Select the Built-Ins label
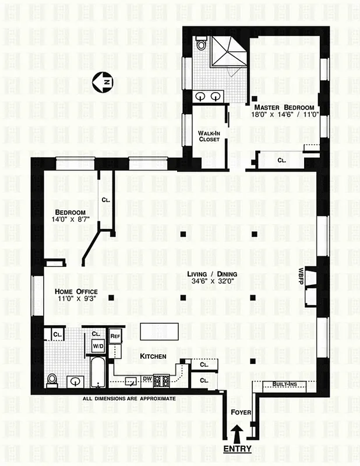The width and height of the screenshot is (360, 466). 282,384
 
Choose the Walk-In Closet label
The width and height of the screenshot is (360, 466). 209,136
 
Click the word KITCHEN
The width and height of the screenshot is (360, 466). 153,356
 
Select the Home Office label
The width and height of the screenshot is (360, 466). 76,292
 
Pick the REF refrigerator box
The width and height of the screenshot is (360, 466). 115,336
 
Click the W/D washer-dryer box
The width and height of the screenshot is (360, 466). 96,345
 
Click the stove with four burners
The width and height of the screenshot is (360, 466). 161,380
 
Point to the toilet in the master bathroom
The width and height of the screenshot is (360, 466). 201,44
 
